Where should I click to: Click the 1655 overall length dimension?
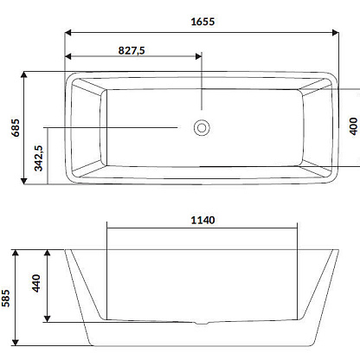pyautogui.click(x=202, y=22)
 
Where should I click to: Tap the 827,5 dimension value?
pyautogui.click(x=132, y=51)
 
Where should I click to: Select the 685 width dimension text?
pyautogui.click(x=16, y=128)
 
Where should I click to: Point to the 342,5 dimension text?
pyautogui.click(x=39, y=158)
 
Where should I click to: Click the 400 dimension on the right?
pyautogui.click(x=353, y=126)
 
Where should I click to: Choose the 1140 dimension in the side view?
pyautogui.click(x=202, y=221)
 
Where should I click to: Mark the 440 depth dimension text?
pyautogui.click(x=36, y=283)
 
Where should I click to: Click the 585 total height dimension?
pyautogui.click(x=5, y=298)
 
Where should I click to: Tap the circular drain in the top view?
pyautogui.click(x=202, y=127)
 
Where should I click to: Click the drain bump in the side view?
pyautogui.click(x=202, y=323)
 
